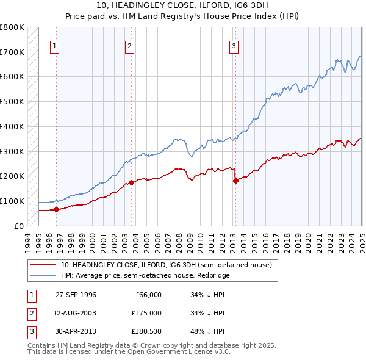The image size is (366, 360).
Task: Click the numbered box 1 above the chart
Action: (55, 45)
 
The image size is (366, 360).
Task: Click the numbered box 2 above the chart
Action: (130, 45)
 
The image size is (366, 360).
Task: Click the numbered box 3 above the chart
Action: (234, 45)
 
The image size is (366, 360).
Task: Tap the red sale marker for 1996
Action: (57, 209)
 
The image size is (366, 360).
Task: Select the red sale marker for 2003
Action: (132, 182)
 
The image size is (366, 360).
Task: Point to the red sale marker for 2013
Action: (235, 181)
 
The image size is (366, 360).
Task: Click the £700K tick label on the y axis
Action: (12, 52)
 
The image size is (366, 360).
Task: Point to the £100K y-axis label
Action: (12, 201)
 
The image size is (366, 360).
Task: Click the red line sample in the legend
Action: (44, 265)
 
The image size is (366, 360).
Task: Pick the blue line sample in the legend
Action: (44, 275)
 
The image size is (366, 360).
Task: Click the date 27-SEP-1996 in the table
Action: (76, 295)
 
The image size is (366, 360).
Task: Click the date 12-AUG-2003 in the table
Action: (76, 314)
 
